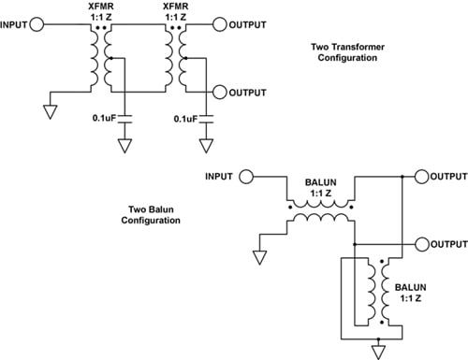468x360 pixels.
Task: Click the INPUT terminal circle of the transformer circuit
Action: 36,25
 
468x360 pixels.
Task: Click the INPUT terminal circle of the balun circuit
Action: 245,176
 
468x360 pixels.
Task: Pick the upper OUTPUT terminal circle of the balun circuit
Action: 420,176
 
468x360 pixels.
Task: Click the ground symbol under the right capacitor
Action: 207,147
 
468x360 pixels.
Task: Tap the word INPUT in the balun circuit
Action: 217,176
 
